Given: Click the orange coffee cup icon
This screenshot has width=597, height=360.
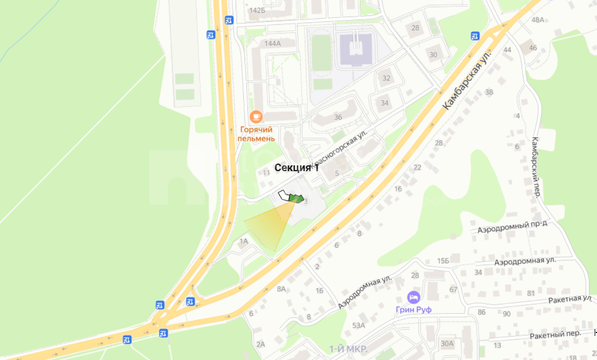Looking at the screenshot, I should [256, 117].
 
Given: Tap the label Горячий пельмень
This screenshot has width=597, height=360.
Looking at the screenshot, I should [256, 134].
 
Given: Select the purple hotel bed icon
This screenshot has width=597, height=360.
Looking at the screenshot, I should [414, 297].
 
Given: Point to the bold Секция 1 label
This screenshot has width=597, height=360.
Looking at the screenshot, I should [296, 168].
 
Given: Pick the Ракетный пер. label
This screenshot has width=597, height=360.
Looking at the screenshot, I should [555, 333].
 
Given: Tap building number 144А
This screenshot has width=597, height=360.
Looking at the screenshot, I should [272, 43].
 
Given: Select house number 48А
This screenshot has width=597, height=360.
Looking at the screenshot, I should [537, 20].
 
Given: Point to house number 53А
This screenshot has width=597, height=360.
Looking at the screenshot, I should [359, 325].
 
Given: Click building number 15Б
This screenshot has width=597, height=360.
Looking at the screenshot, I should [443, 260].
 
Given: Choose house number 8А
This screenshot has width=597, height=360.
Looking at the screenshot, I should [281, 288].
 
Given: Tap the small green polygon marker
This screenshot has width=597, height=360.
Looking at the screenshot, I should [296, 199].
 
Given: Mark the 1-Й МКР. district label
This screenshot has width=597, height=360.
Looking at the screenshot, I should [348, 349].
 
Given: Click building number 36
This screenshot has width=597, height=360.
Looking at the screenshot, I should [337, 117].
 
